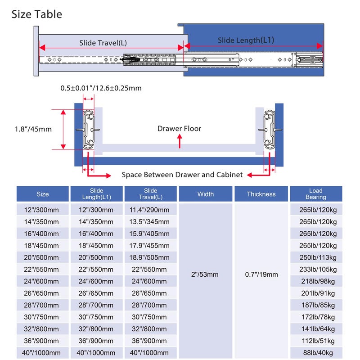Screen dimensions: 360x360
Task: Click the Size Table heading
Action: [x=37, y=14]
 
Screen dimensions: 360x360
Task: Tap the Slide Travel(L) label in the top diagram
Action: [x=103, y=43]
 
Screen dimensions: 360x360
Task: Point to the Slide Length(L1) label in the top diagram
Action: [x=246, y=40]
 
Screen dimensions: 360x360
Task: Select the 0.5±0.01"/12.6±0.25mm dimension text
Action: [x=101, y=88]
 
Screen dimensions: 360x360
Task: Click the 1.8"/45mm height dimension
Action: [x=33, y=129]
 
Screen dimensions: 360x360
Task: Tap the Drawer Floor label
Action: [x=179, y=129]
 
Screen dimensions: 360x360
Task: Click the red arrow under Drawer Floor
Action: [x=180, y=141]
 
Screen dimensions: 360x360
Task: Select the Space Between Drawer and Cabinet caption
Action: [x=182, y=175]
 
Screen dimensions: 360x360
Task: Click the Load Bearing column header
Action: [x=316, y=194]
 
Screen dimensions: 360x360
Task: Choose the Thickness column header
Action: [x=261, y=194]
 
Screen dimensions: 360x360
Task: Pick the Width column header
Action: [x=206, y=194]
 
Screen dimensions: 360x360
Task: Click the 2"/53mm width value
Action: [x=205, y=274]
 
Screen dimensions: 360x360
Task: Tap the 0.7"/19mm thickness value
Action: [x=261, y=274]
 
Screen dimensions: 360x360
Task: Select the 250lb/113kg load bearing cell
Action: [x=318, y=257]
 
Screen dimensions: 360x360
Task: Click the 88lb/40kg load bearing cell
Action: [x=318, y=353]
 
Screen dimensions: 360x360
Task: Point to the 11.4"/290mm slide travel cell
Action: [x=149, y=210]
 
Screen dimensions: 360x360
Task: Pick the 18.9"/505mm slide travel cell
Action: [x=149, y=257]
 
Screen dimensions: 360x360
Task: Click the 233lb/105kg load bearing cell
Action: [x=318, y=270]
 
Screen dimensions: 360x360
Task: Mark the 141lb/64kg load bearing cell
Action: [x=318, y=329]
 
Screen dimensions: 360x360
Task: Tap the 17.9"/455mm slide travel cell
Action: [x=149, y=246]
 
